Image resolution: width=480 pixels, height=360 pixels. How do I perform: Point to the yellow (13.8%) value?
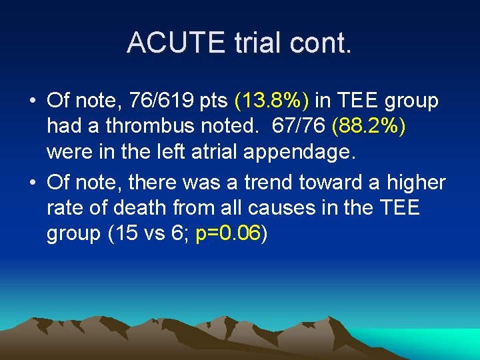[x=272, y=101]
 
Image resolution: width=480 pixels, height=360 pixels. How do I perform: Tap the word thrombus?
[x=157, y=125]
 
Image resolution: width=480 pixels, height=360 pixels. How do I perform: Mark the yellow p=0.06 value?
[x=228, y=235]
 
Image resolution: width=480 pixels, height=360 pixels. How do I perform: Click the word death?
[x=138, y=208]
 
